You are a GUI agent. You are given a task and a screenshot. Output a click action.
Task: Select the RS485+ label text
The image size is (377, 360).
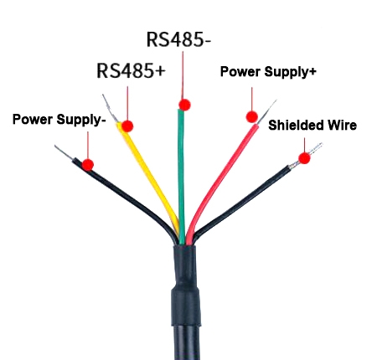tap(130, 70)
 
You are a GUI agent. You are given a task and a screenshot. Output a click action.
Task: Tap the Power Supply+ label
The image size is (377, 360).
tap(267, 72)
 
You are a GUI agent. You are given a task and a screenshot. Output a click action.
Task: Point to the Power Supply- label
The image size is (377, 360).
tap(59, 120)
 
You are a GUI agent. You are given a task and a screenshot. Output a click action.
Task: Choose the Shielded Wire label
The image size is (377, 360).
tap(312, 126)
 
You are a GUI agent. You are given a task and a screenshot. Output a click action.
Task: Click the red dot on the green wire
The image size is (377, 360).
tap(184, 105)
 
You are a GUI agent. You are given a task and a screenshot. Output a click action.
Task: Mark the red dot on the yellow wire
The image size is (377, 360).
tap(128, 126)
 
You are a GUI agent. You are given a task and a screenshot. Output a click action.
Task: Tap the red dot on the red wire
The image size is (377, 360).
tap(250, 116)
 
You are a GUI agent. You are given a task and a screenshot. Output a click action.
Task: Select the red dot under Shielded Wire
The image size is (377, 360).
tap(303, 156)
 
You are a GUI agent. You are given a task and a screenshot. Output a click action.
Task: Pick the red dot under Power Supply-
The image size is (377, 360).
tap(87, 164)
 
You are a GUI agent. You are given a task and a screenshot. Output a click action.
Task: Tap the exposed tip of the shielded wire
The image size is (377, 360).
tap(315, 149)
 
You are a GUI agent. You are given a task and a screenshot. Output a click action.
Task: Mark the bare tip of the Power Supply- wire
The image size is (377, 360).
tap(63, 152)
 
